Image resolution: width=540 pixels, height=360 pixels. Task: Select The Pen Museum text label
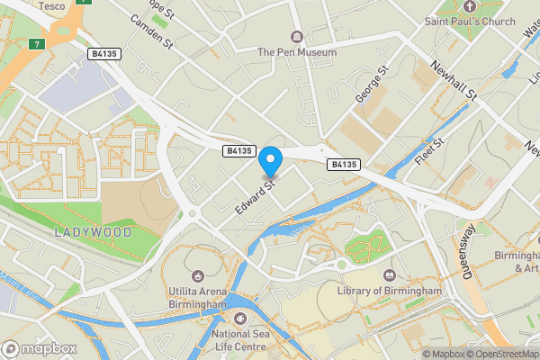tap(297, 52)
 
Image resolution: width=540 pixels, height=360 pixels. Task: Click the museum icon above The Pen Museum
tap(297, 36)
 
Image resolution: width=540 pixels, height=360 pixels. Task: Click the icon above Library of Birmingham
tap(390, 275)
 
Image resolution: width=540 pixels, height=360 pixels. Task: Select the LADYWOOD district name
tap(92, 232)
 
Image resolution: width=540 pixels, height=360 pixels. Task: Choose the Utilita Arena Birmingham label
tap(196, 298)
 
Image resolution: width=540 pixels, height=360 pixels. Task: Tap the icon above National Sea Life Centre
tap(239, 319)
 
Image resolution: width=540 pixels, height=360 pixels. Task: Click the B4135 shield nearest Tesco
tap(103, 54)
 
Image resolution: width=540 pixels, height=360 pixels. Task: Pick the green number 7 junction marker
tap(36, 43)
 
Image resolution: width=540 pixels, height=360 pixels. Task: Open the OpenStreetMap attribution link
tap(500, 354)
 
